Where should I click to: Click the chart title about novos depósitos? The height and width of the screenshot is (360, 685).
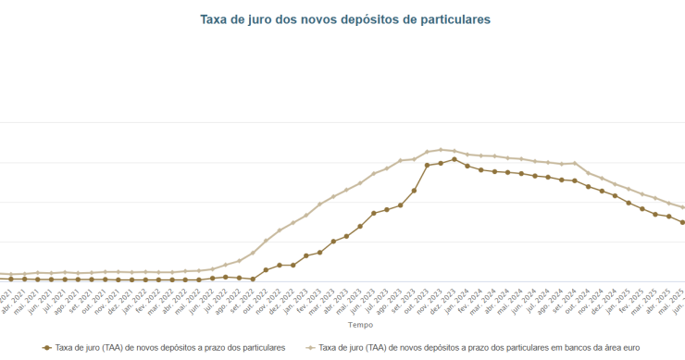point(344,19)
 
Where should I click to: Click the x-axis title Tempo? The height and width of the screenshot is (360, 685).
point(360,326)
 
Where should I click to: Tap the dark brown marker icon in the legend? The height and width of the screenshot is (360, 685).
point(47,348)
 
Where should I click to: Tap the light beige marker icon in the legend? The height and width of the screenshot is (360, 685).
point(311,348)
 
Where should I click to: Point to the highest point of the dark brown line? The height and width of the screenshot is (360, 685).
point(454,159)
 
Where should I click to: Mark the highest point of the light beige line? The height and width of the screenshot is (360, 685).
point(441,149)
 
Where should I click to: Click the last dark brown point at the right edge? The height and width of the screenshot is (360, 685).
point(682,222)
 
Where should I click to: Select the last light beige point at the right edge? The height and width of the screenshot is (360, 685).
point(682,207)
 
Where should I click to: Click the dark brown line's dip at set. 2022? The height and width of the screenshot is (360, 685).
point(252,279)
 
